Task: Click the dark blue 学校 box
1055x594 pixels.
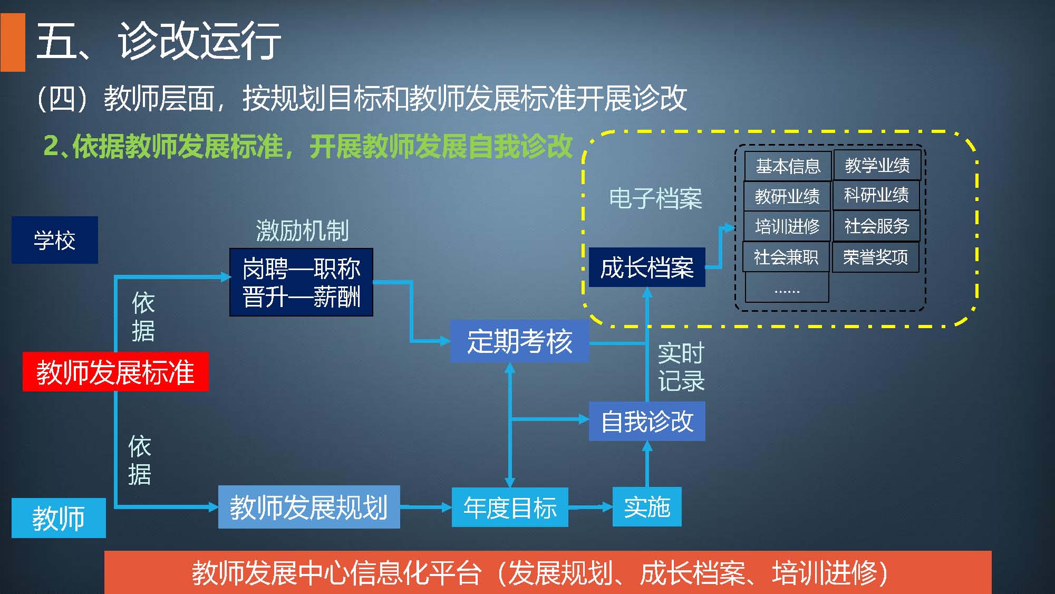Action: click(55, 240)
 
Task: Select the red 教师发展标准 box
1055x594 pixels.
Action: click(115, 372)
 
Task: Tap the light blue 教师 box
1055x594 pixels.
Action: click(59, 518)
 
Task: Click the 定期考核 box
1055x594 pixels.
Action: click(519, 341)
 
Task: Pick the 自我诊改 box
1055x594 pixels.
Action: click(647, 421)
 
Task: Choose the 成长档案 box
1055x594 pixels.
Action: click(647, 267)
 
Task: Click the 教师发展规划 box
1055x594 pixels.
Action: click(309, 507)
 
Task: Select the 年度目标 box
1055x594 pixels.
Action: click(510, 507)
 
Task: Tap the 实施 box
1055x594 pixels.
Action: click(647, 507)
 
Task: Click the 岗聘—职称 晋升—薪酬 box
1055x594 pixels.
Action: click(301, 282)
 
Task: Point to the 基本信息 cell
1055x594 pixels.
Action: click(788, 166)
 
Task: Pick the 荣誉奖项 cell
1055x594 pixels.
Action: click(875, 257)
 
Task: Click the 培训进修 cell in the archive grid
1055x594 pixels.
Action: click(787, 226)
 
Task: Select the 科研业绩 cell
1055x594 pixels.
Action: click(876, 195)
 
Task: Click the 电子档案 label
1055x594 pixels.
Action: click(655, 199)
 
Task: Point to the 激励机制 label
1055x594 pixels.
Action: click(302, 231)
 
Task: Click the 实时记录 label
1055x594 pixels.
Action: click(681, 367)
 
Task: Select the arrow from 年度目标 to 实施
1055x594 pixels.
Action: click(590, 507)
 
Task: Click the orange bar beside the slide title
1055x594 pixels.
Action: click(13, 42)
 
